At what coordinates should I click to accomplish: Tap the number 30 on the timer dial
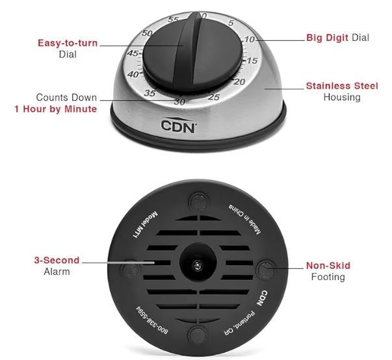pyautogui.click(x=180, y=101)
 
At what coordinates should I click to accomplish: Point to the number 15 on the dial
pyautogui.click(x=252, y=60)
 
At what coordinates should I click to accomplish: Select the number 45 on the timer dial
pyautogui.click(x=133, y=53)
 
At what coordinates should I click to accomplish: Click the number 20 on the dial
pyautogui.click(x=239, y=81)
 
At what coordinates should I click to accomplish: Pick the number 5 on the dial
pyautogui.click(x=231, y=23)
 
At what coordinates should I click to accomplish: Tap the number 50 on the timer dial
pyautogui.click(x=147, y=33)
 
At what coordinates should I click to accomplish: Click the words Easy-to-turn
pyautogui.click(x=68, y=43)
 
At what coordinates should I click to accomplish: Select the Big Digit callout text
pyautogui.click(x=327, y=38)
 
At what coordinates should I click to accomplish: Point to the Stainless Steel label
pyautogui.click(x=342, y=86)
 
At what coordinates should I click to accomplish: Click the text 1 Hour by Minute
pyautogui.click(x=55, y=109)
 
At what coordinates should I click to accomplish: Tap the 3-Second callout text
pyautogui.click(x=57, y=260)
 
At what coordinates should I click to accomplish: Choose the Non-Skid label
pyautogui.click(x=328, y=265)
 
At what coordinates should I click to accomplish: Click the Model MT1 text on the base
pyautogui.click(x=145, y=225)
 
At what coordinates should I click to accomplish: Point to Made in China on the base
pyautogui.click(x=244, y=219)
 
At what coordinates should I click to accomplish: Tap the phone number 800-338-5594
pyautogui.click(x=151, y=320)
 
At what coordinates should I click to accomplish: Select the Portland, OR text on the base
pyautogui.click(x=239, y=323)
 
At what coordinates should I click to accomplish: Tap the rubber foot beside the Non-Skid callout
pyautogui.click(x=266, y=269)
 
